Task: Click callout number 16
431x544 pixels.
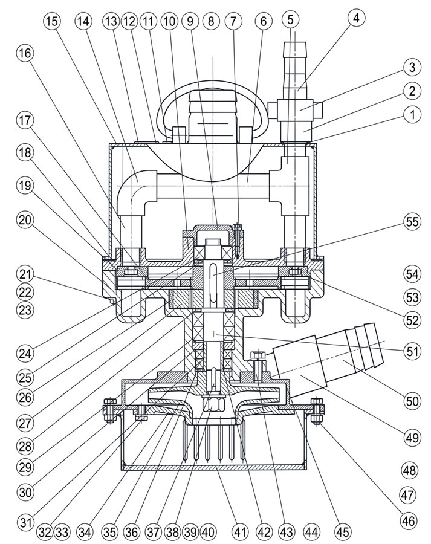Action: (x=25, y=53)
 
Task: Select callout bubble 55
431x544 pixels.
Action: (x=412, y=221)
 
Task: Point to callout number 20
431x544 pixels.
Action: (x=25, y=220)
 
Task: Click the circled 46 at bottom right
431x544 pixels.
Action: (x=409, y=520)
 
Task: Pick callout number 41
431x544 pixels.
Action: (x=240, y=532)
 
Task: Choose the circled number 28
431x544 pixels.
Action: (x=25, y=446)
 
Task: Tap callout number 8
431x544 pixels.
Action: (x=211, y=22)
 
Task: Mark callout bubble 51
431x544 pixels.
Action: (x=412, y=351)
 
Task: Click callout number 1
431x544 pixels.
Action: (x=412, y=114)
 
